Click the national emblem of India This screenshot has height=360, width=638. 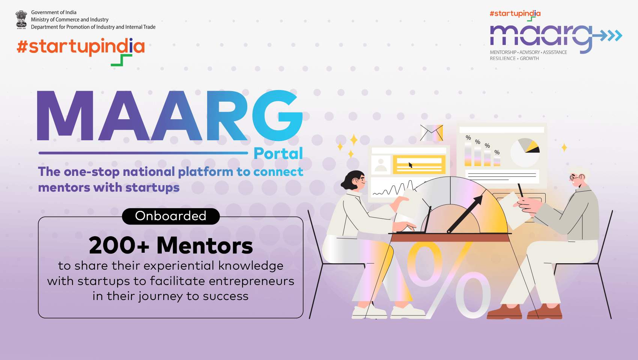point(21,19)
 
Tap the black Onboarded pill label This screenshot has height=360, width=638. point(171,216)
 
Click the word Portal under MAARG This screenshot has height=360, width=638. point(278,154)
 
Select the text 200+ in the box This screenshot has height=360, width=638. point(119,245)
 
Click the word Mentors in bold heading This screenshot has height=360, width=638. point(205,245)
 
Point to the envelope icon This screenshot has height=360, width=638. point(432,133)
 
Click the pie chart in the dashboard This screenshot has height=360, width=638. point(525,153)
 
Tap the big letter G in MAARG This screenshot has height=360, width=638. point(277,115)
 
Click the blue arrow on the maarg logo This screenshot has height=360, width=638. point(607,35)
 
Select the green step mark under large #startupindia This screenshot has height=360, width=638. point(122,60)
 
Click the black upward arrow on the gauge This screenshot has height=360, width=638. point(465,213)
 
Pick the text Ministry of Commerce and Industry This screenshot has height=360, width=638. point(70,19)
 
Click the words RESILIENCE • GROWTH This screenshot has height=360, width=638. point(514,58)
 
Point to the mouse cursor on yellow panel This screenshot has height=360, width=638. point(411,165)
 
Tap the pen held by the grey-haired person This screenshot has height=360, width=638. point(521,190)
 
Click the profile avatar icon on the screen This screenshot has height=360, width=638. point(381,165)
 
